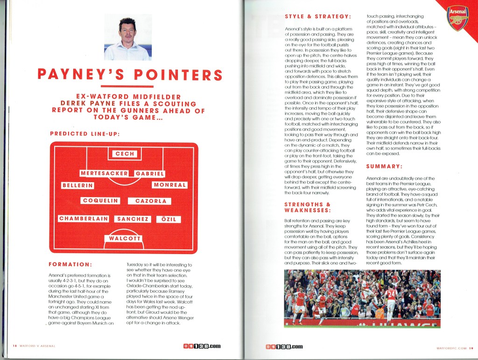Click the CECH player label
(125, 154)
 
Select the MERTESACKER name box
(104, 174)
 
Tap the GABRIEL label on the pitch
(150, 174)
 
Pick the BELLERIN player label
(78, 185)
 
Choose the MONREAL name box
(170, 185)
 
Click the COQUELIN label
(100, 201)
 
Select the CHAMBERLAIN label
(84, 219)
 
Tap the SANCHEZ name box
(133, 219)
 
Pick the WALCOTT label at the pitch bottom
(125, 239)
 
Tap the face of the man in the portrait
(127, 31)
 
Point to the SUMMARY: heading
(385, 166)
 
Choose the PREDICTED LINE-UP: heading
(84, 134)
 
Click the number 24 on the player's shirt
(390, 294)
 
